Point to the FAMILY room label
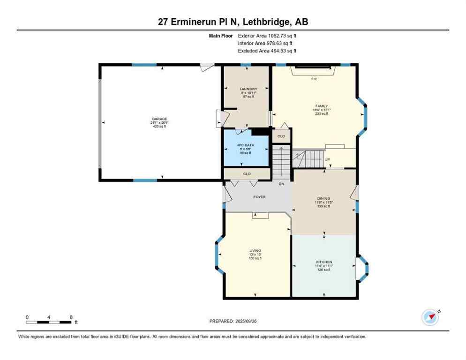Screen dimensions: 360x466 click(322, 106)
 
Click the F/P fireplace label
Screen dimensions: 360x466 click(314, 79)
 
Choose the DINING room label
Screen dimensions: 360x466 click(323, 198)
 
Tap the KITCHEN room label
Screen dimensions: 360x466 click(324, 262)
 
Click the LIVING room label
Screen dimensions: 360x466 click(255, 251)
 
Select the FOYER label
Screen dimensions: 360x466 click(259, 197)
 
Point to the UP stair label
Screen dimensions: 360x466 click(327, 159)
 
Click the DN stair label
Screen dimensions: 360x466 click(281, 184)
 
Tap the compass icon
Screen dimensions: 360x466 click(430, 317)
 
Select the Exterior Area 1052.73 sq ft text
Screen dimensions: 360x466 click(267, 35)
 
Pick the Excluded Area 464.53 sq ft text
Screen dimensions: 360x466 click(267, 51)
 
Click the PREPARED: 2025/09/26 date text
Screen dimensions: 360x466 click(233, 321)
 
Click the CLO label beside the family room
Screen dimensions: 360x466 click(281, 136)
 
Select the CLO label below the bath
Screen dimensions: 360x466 click(247, 173)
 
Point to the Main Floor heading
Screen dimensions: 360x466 click(221, 35)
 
